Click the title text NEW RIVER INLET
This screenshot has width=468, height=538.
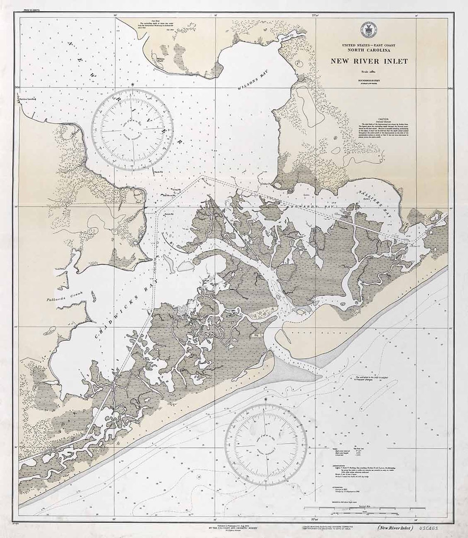(x=369, y=61)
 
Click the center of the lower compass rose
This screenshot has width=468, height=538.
(x=267, y=444)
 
